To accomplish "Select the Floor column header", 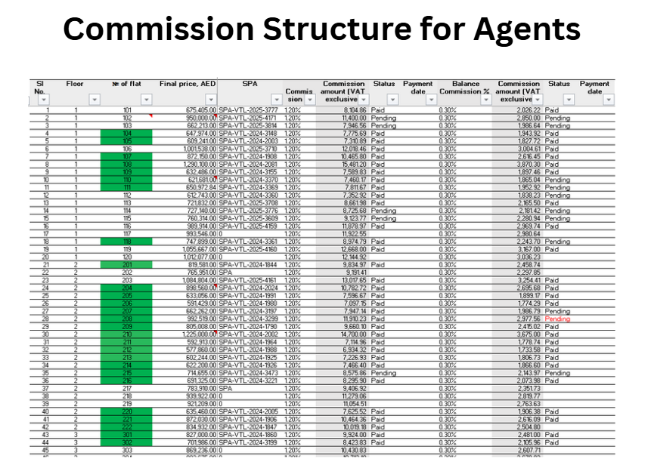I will (75, 84).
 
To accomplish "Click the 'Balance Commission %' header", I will (466, 88).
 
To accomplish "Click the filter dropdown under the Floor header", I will (94, 99).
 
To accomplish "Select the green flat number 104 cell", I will (126, 133).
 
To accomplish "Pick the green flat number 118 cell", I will (126, 242).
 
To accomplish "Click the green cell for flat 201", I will (126, 265).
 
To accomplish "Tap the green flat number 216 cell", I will (126, 381).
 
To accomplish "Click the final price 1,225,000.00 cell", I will (191, 334).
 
